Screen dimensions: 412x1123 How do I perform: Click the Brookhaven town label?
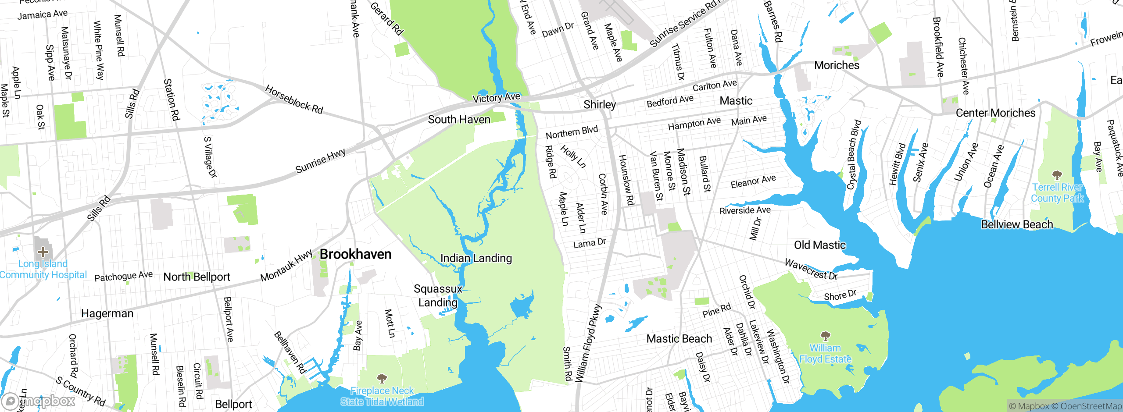355,254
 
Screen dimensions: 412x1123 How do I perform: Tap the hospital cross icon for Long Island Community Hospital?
43,252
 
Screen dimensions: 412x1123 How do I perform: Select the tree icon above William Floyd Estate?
825,336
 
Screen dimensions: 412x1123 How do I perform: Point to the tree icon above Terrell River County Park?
1057,175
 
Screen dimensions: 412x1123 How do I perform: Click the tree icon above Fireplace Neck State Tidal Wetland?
382,378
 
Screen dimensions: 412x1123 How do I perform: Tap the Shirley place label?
600,105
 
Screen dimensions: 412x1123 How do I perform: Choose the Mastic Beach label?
679,339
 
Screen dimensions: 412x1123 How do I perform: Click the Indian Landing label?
476,258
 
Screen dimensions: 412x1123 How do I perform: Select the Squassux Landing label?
438,295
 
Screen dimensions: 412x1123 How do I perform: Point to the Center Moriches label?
995,113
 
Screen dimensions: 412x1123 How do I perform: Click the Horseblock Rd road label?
294,99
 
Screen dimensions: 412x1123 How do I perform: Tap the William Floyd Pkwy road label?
589,343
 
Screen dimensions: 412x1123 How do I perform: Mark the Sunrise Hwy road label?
320,161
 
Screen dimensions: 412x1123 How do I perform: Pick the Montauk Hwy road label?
286,266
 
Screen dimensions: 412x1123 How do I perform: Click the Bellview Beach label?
1017,224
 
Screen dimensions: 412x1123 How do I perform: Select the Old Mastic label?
819,245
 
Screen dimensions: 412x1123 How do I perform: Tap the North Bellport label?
197,277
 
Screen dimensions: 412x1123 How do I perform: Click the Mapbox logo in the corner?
39,401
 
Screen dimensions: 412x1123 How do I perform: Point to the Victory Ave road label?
496,97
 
